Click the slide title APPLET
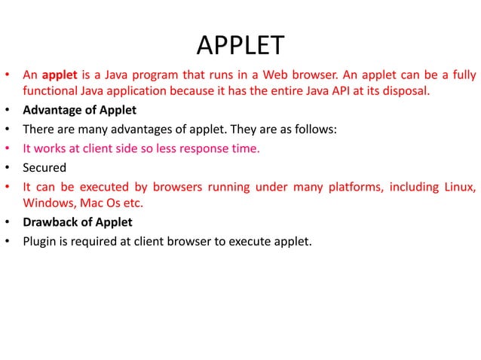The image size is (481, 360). tap(240, 46)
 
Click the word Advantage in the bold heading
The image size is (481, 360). tap(51, 111)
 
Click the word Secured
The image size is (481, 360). tap(44, 167)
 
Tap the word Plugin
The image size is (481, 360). tap(41, 241)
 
